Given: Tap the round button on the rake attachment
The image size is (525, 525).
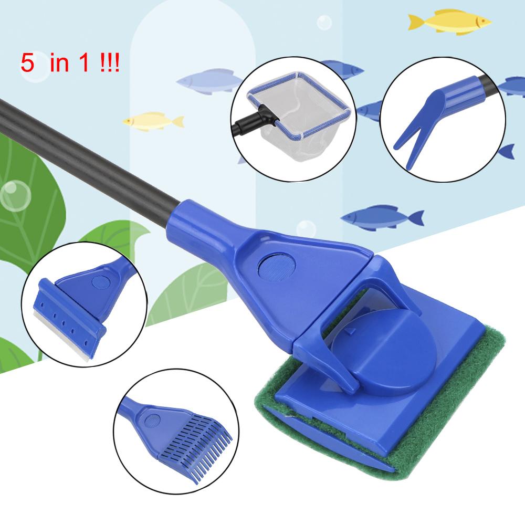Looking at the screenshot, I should (x=152, y=420).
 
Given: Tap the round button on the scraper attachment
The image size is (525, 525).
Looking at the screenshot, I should (x=98, y=281).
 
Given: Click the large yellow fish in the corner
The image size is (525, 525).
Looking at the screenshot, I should (x=449, y=22).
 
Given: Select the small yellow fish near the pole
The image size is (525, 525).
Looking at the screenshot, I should (x=152, y=120).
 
